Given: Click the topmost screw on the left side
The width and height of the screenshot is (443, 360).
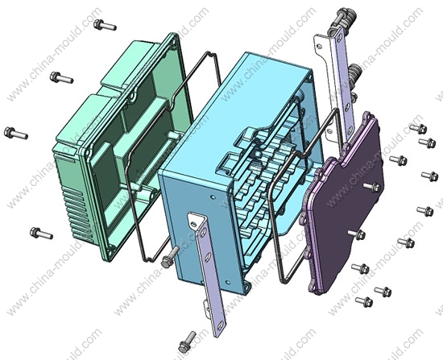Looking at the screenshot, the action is (x=105, y=25).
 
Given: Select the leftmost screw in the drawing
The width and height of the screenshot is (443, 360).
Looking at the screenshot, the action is (x=16, y=133).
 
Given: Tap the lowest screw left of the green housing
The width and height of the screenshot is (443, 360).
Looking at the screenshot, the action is (x=41, y=233).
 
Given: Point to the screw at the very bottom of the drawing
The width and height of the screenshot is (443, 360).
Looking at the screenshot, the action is (x=188, y=342).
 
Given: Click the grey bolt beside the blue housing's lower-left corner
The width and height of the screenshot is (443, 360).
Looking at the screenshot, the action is (x=170, y=257).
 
